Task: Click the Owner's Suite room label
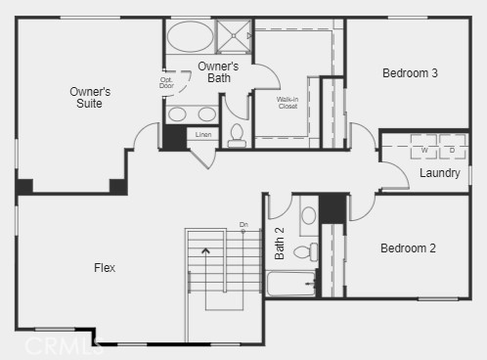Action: pos(90,97)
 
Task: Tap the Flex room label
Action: pos(104,267)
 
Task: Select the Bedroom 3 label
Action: pos(409,73)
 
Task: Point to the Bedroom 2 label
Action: pos(408,248)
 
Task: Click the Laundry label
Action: pos(439,173)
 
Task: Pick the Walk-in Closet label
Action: pos(288,102)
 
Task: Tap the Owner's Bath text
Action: pos(218,71)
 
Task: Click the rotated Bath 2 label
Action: pos(280,244)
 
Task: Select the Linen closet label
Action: pos(203,134)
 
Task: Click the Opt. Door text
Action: pos(166,82)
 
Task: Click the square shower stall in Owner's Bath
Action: pos(234,36)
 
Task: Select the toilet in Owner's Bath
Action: pos(237,136)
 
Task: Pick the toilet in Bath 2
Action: pos(304,252)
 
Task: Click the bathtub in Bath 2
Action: pos(290,283)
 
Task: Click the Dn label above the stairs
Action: pos(243,225)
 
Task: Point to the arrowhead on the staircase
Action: pos(205,250)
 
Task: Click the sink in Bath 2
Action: pos(308,215)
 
